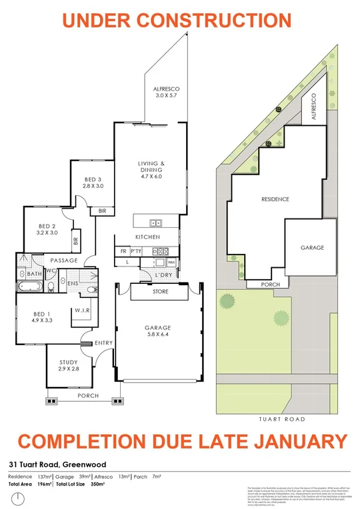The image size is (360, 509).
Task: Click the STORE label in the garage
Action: coord(161,292)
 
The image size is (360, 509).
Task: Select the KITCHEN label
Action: coord(147,238)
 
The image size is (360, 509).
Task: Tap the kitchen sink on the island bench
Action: coord(155,223)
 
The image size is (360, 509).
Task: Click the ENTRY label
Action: coord(104,343)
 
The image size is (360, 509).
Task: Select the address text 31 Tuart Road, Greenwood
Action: coord(57,465)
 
